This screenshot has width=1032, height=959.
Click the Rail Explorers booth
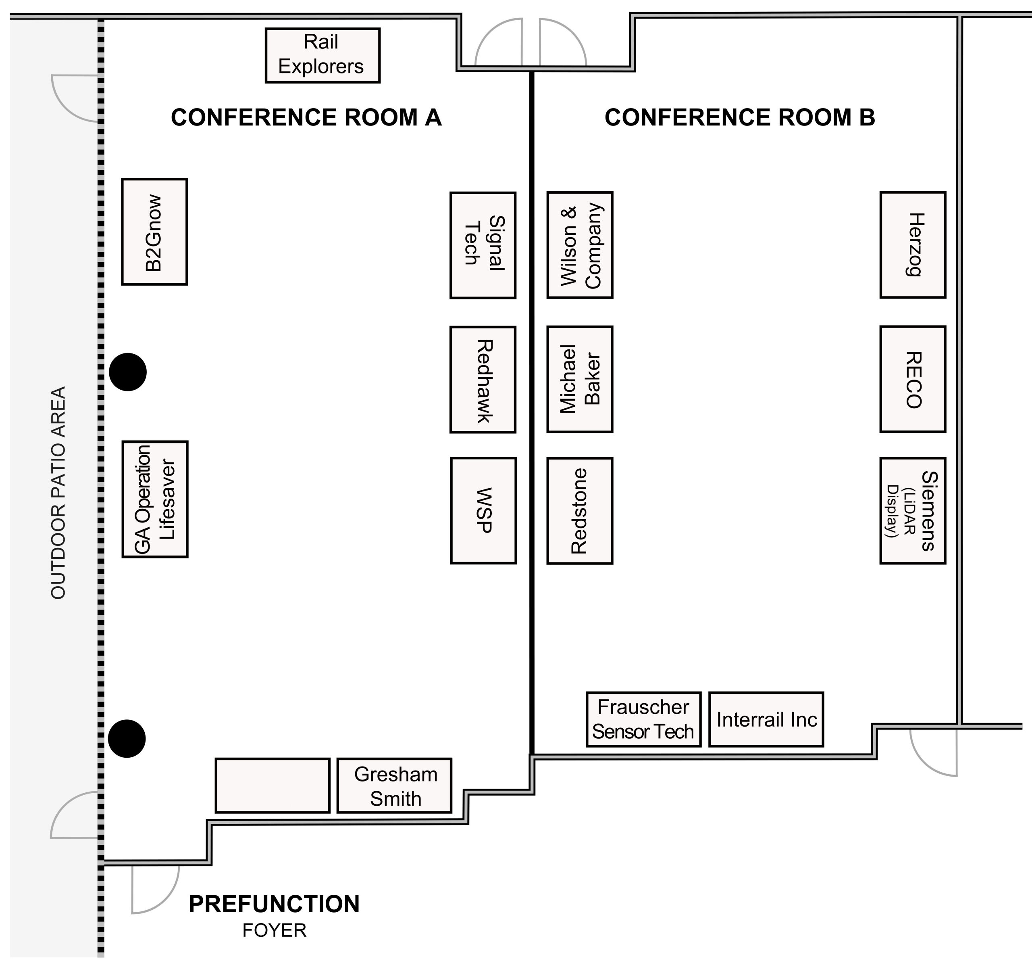[x=322, y=55]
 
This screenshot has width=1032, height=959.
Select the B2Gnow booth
[x=154, y=232]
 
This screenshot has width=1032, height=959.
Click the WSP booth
[x=483, y=510]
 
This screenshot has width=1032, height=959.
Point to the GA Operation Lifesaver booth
[x=154, y=499]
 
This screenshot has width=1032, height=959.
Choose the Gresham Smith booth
[x=394, y=786]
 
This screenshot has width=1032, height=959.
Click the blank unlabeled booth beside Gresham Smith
[x=272, y=786]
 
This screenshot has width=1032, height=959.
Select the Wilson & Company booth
[x=579, y=245]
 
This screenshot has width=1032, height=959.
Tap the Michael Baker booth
[x=579, y=379]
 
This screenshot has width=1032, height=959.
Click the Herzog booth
[x=912, y=245]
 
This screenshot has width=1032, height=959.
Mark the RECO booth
[x=912, y=379]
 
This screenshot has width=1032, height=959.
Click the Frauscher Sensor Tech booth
[x=643, y=719]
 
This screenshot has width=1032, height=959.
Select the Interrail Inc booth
[x=766, y=719]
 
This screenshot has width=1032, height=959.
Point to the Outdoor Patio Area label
[x=58, y=493]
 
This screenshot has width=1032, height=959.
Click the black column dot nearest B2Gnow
[x=127, y=372]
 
